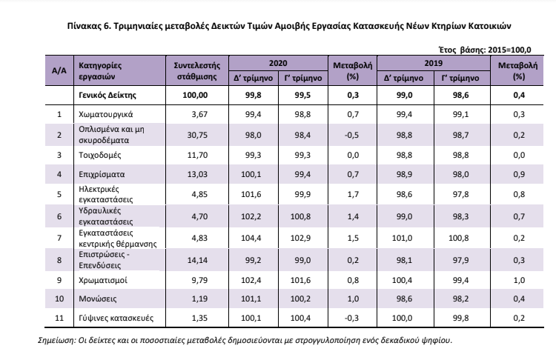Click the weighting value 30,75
tap(197, 135)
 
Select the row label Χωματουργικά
tap(106, 115)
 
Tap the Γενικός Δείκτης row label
tap(107, 96)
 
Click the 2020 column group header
tap(278, 63)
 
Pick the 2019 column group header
tap(434, 63)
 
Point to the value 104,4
tap(251, 238)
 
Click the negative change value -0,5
tap(351, 135)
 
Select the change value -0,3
tap(351, 318)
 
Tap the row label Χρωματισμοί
tap(103, 280)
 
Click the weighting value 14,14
tap(197, 260)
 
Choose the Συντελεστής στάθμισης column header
tap(196, 71)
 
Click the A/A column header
tap(59, 70)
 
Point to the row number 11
tap(59, 318)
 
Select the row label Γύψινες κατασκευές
tap(116, 318)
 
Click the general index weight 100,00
tap(195, 96)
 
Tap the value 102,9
tap(300, 238)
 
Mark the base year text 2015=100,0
tap(509, 50)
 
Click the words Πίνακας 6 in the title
tap(89, 26)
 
